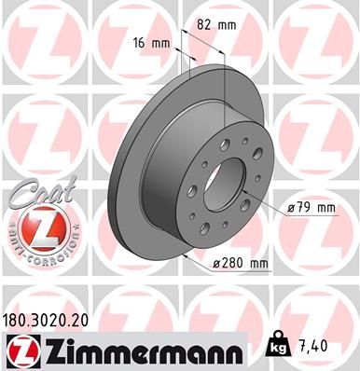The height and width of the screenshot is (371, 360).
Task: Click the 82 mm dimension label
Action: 217,27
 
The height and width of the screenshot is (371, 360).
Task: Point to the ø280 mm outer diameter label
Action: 241,265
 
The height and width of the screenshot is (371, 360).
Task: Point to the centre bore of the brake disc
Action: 223,176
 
